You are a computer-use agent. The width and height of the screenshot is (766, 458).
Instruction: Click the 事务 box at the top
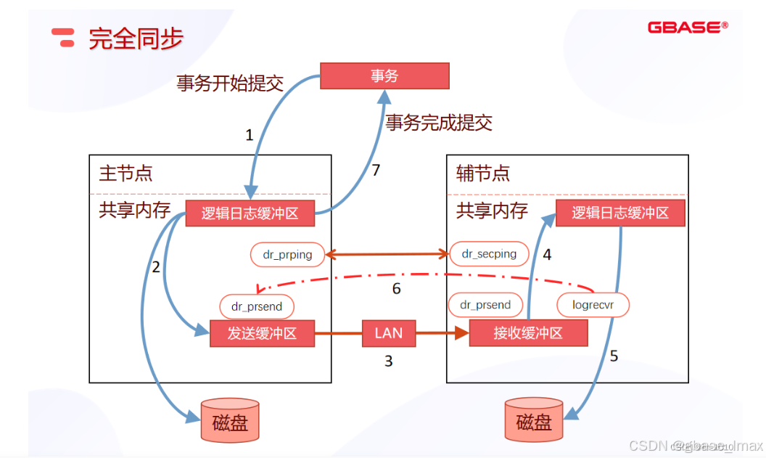point(384,75)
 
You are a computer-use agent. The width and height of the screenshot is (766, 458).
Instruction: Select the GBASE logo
point(688,28)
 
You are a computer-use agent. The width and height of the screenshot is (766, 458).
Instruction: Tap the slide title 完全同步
point(136,38)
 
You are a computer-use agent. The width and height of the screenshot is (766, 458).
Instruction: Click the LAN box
point(388,334)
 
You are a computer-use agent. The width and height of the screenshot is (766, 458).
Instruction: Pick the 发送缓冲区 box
point(263,334)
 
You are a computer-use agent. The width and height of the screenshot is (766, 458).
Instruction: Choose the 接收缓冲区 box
point(528,334)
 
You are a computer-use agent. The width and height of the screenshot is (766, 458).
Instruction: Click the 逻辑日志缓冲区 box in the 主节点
point(250,213)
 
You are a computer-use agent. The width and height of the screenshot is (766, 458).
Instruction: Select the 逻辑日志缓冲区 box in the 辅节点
point(620,213)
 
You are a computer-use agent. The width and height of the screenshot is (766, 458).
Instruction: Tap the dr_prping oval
point(288,254)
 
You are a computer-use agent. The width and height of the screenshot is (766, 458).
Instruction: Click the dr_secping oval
point(489,254)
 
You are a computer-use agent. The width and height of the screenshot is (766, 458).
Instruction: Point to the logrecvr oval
point(593,305)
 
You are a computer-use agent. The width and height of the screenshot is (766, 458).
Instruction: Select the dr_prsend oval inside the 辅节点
point(485,305)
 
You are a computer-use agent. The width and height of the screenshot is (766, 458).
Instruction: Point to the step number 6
point(396,290)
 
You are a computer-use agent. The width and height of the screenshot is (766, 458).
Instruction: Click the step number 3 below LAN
point(388,361)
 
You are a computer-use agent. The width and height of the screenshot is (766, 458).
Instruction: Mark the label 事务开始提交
point(229,83)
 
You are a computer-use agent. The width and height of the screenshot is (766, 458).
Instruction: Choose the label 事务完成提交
point(439,123)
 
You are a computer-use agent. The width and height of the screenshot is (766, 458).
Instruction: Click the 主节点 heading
point(125,174)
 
